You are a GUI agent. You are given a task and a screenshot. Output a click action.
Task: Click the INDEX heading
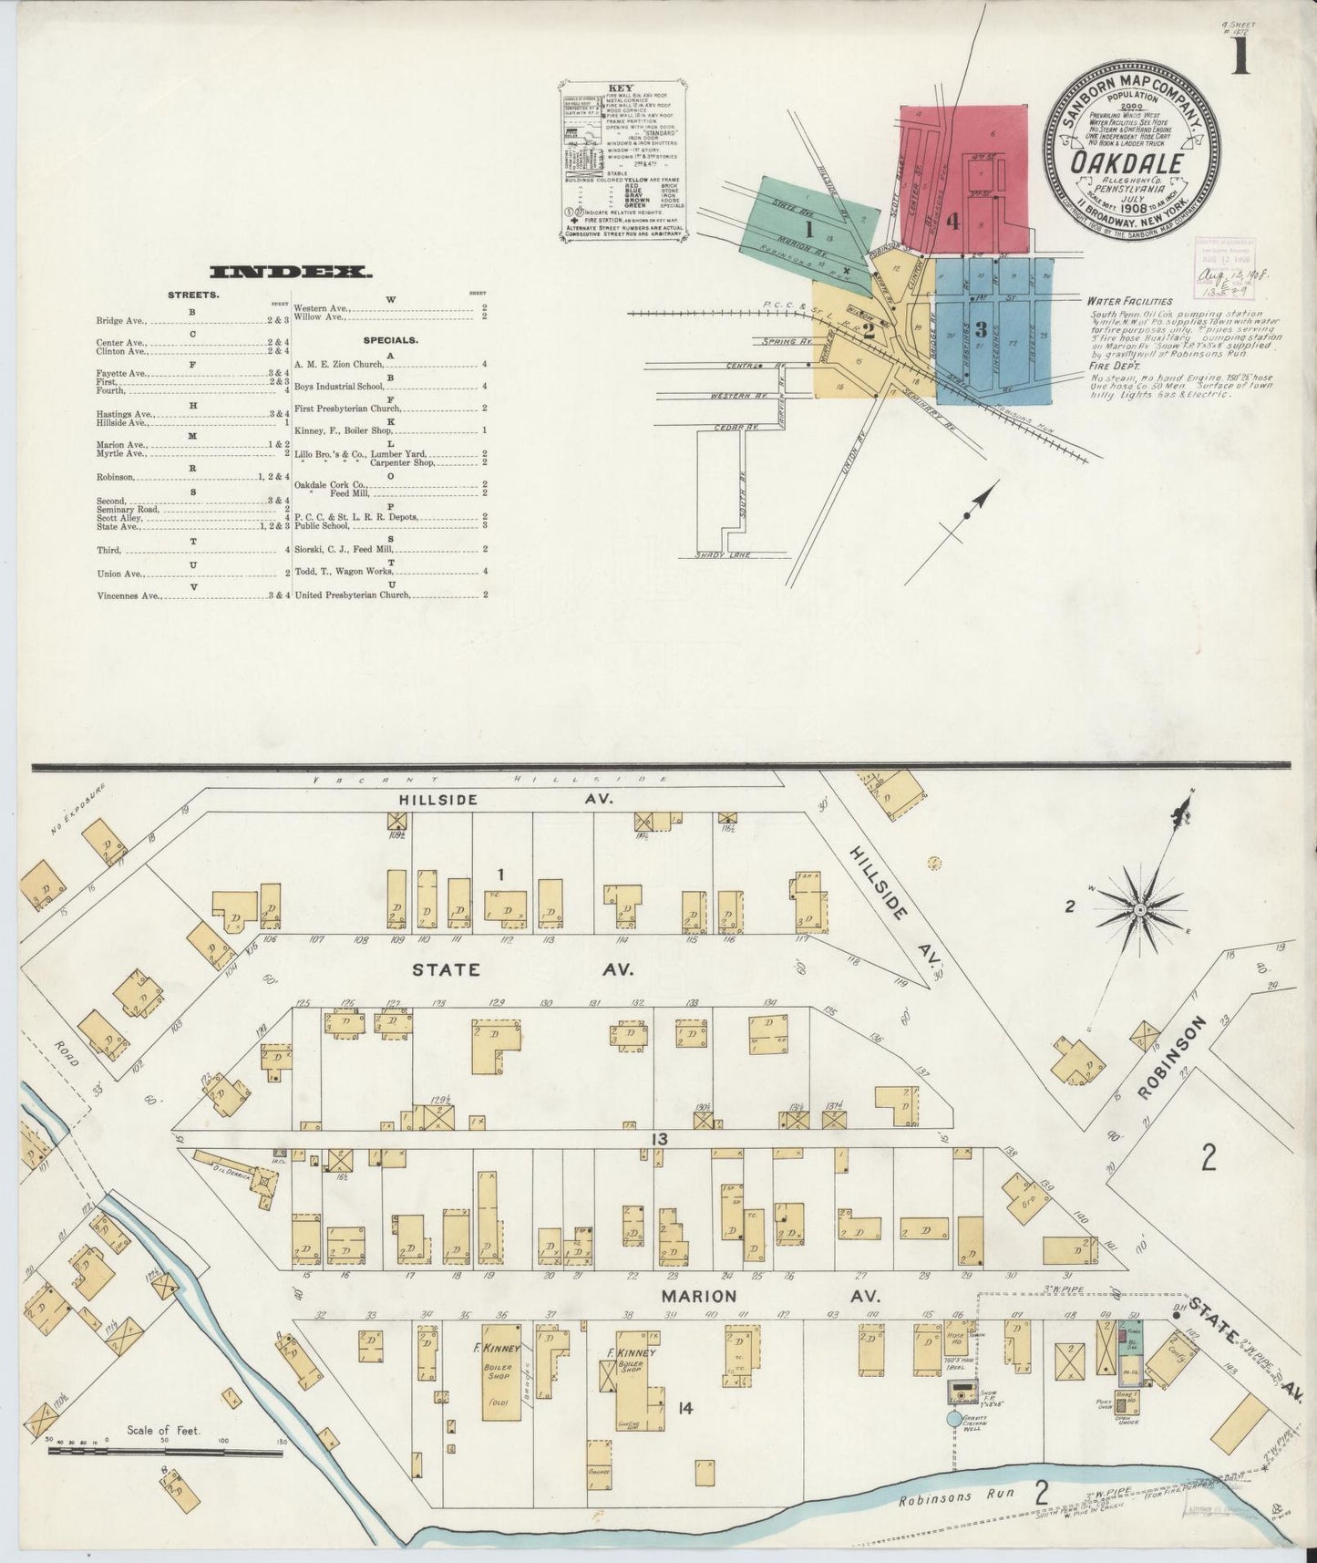290,272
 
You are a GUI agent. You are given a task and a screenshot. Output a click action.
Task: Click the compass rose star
1139,909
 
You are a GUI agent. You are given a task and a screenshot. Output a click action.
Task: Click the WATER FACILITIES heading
1128,301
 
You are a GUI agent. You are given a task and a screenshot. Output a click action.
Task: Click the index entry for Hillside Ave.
121,423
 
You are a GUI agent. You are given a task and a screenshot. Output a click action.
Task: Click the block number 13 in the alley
659,1139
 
